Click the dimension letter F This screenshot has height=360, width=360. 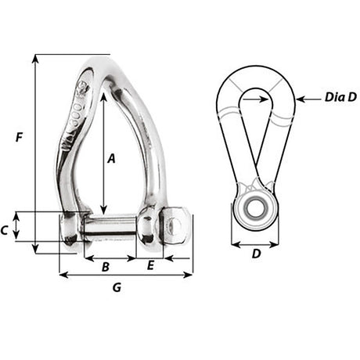pyautogui.click(x=19, y=138)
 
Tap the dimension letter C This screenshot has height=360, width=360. pyautogui.click(x=5, y=230)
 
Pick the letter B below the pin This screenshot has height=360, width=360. pyautogui.click(x=105, y=267)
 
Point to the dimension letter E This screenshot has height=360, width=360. pyautogui.click(x=150, y=267)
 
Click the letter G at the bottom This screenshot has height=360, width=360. pyautogui.click(x=117, y=287)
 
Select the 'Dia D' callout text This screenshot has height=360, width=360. pyautogui.click(x=340, y=98)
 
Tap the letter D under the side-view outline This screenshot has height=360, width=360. pyautogui.click(x=255, y=254)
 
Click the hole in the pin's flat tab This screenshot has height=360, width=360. pyautogui.click(x=175, y=225)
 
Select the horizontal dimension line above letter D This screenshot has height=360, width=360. pyautogui.click(x=255, y=242)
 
